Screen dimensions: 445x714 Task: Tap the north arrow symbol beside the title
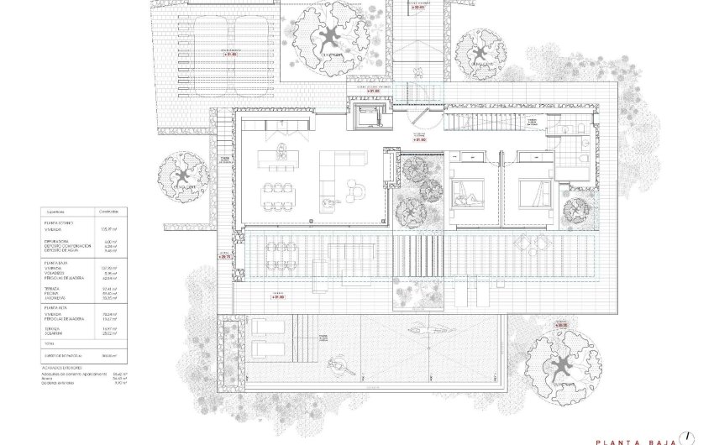point(689,436)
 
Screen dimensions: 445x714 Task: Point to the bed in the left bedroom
point(467,196)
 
